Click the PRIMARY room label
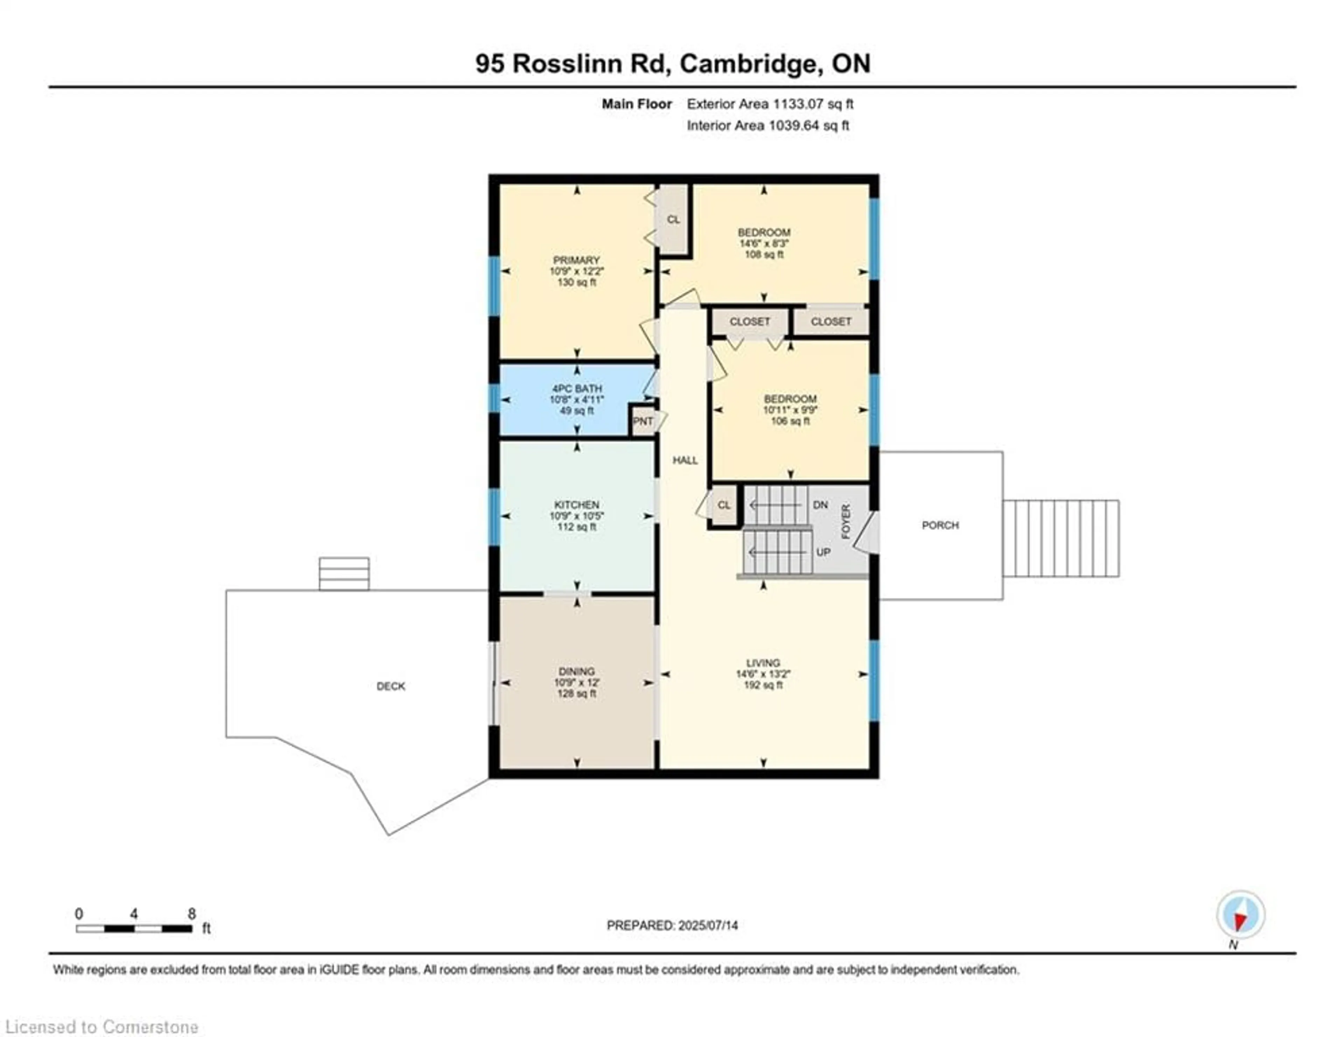point(576,260)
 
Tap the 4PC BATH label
point(576,389)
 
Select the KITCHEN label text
point(576,505)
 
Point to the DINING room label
point(576,671)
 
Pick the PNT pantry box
point(643,421)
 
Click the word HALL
point(685,460)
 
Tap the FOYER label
point(846,522)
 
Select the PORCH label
point(940,525)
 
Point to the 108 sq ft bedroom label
point(764,233)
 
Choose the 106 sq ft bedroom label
point(790,398)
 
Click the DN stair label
point(820,505)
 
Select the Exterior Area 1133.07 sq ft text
point(770,104)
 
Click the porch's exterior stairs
point(1061,538)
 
